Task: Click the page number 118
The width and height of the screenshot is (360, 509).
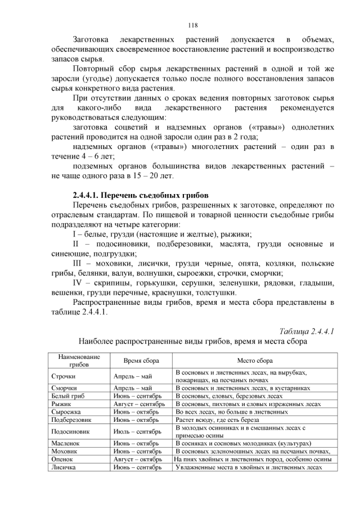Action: pos(193,25)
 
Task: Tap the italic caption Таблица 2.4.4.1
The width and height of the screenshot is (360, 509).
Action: pos(307,331)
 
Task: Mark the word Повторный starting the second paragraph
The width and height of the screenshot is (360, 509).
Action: pos(93,68)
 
